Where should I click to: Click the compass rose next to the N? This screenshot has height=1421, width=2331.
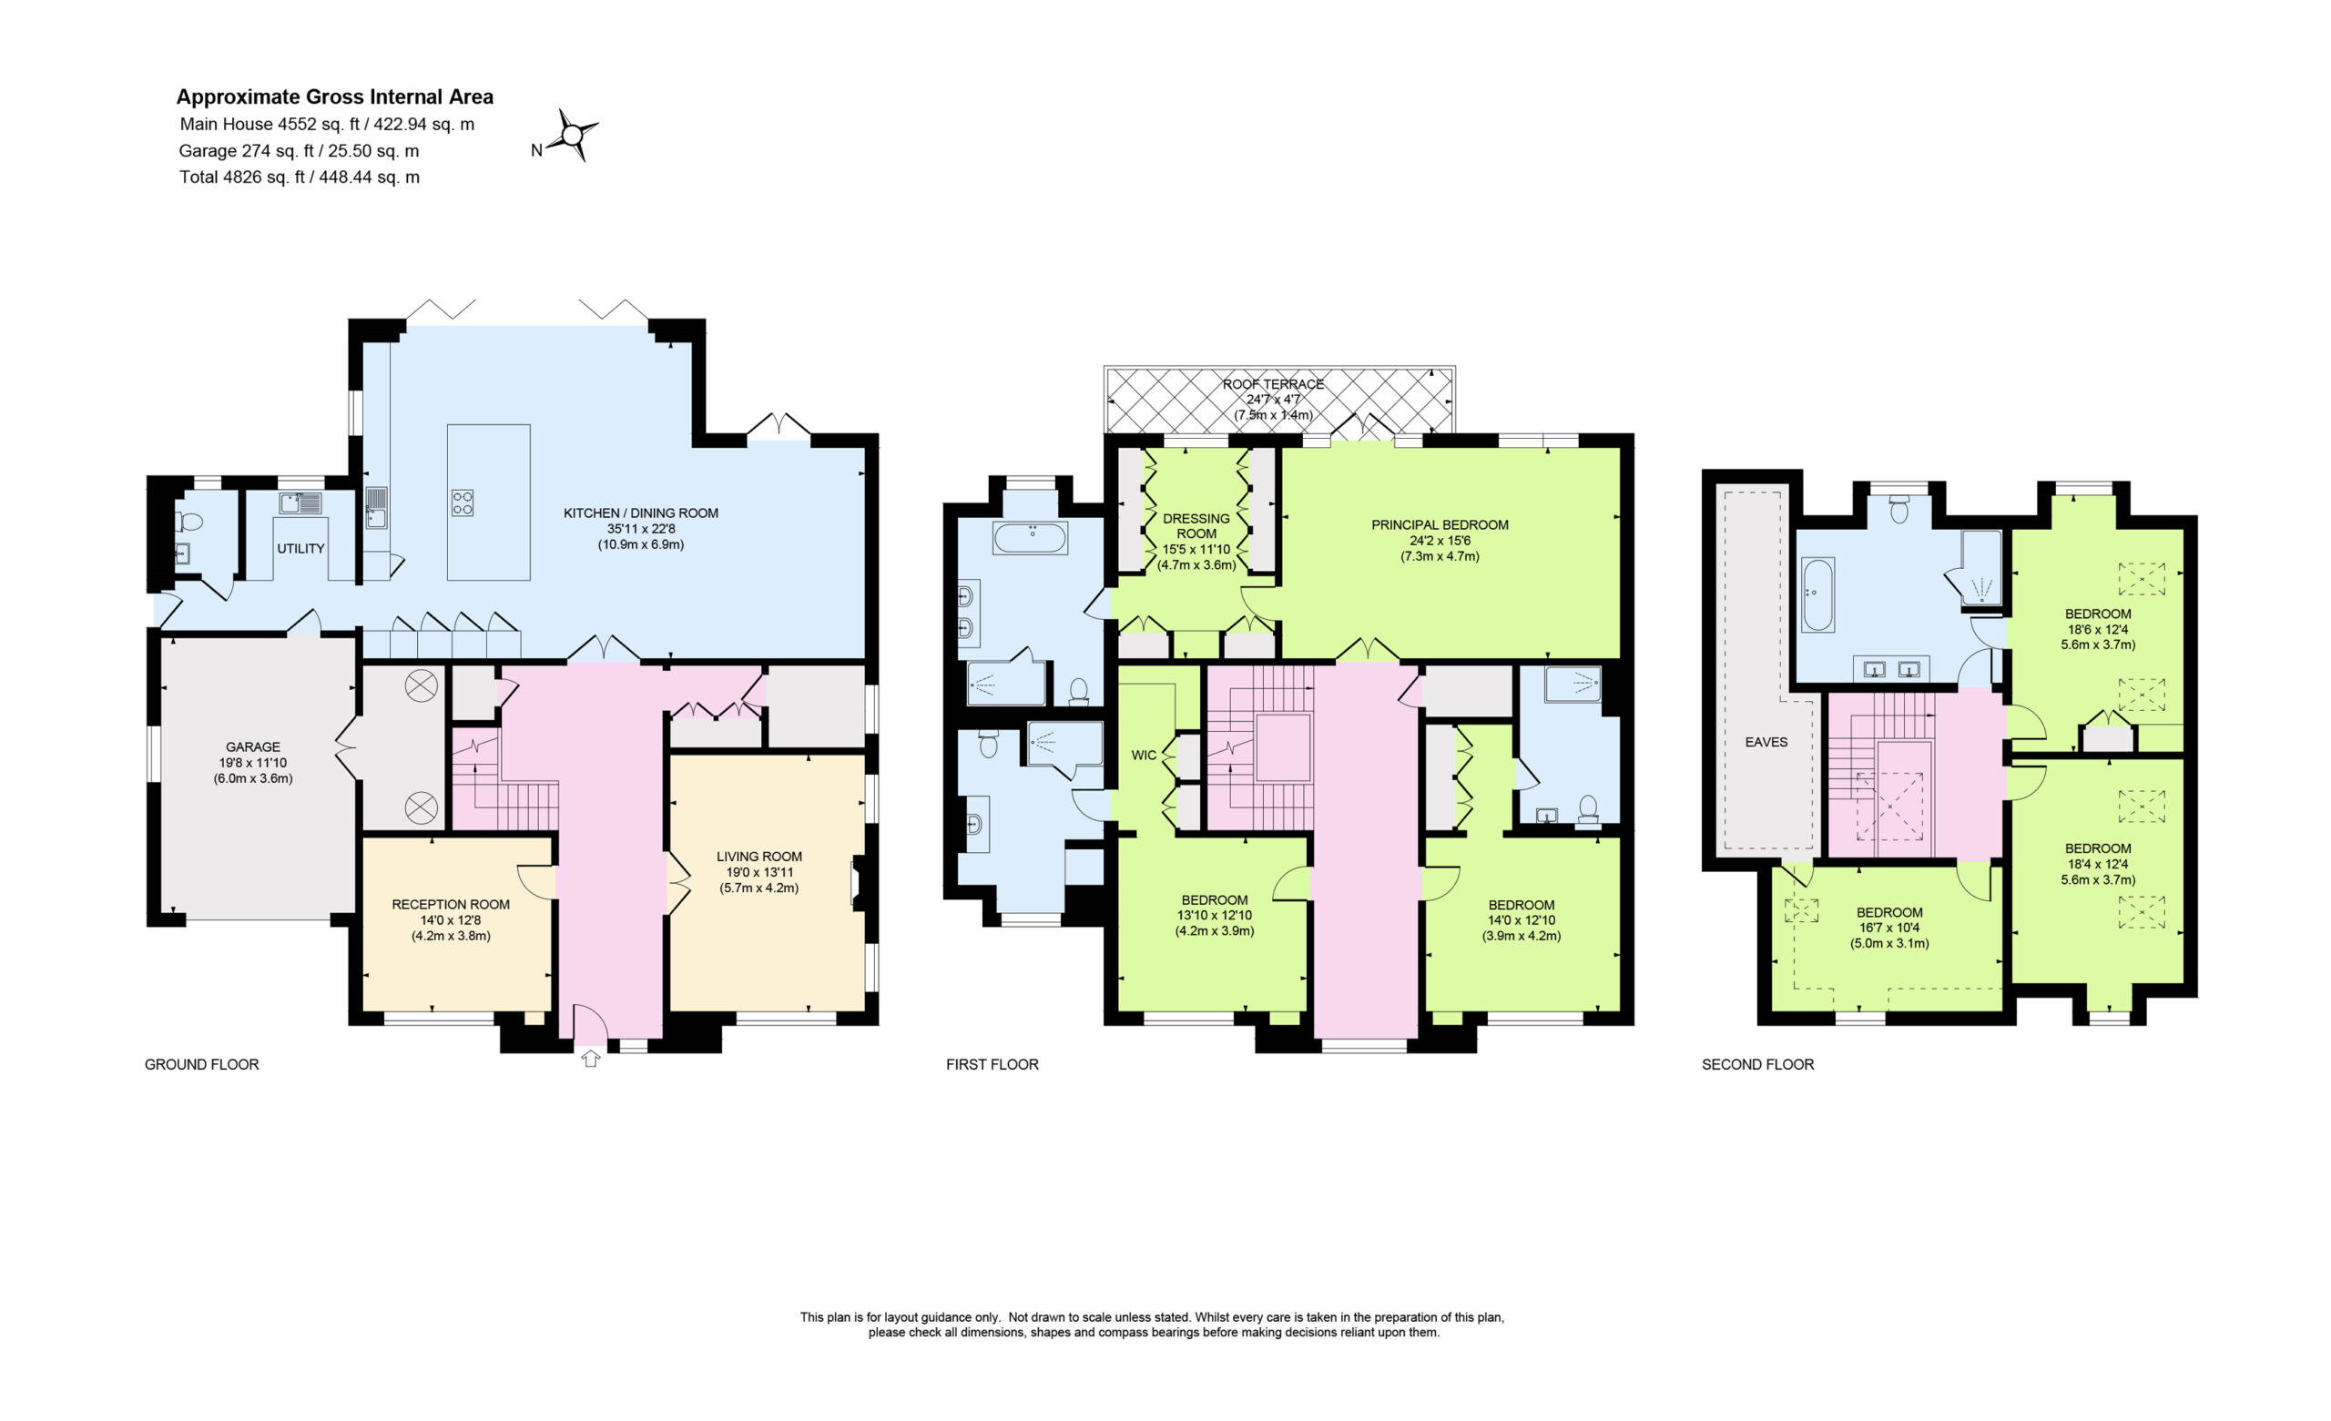(574, 137)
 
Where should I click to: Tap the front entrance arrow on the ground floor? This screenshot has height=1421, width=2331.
(590, 1058)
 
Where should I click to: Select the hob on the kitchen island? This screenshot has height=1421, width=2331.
(462, 502)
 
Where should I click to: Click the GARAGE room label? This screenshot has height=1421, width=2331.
(252, 746)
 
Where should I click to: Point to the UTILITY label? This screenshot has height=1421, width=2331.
(300, 549)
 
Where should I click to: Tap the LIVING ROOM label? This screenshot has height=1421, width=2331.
(758, 857)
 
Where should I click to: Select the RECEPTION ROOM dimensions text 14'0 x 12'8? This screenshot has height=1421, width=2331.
(452, 919)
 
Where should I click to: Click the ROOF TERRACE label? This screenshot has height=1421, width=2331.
(1273, 384)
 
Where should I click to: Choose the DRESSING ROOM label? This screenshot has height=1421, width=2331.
(1196, 526)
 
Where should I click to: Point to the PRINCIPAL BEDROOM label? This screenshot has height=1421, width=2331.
(1440, 525)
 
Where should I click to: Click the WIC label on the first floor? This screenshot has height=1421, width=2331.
(1144, 755)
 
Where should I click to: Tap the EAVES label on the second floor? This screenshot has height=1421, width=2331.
(1766, 742)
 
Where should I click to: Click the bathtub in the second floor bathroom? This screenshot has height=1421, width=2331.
(1817, 595)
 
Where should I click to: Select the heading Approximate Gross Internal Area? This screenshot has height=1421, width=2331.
(335, 96)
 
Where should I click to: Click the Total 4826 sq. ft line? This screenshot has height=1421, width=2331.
(299, 177)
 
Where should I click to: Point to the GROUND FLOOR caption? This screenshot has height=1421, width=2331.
(201, 1064)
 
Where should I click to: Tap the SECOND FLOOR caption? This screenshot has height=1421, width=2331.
(1757, 1064)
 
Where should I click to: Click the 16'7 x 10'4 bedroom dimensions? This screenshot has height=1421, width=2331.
(1889, 929)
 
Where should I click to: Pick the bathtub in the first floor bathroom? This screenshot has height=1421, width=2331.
(1030, 537)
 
